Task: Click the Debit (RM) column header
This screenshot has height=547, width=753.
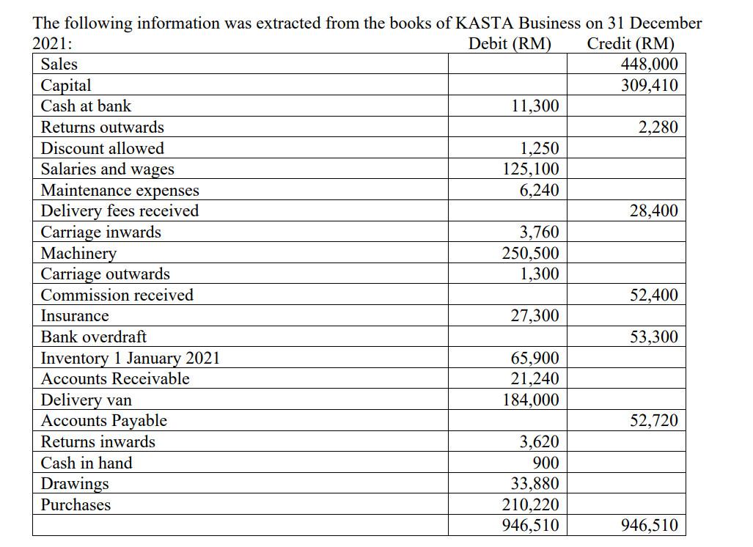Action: click(510, 43)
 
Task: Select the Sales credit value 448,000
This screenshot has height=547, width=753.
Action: click(649, 65)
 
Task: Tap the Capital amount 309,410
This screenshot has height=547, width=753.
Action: click(649, 85)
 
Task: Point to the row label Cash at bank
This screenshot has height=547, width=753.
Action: click(86, 106)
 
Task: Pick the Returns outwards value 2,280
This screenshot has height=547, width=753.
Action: click(658, 128)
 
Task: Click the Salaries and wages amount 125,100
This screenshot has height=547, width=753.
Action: click(530, 169)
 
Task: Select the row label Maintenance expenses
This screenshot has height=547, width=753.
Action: click(120, 191)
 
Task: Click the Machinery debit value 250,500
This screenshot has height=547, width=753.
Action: click(530, 254)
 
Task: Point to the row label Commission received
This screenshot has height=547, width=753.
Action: click(117, 295)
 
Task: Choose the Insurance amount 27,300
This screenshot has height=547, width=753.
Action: click(535, 316)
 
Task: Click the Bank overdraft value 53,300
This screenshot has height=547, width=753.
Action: click(653, 337)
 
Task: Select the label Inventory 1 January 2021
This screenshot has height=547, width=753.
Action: click(130, 359)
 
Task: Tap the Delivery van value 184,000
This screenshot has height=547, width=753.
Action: click(530, 400)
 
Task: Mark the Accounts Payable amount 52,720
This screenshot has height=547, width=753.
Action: click(653, 421)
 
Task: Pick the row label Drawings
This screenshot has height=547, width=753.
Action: click(75, 484)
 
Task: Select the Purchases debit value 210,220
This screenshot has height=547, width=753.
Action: click(530, 505)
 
